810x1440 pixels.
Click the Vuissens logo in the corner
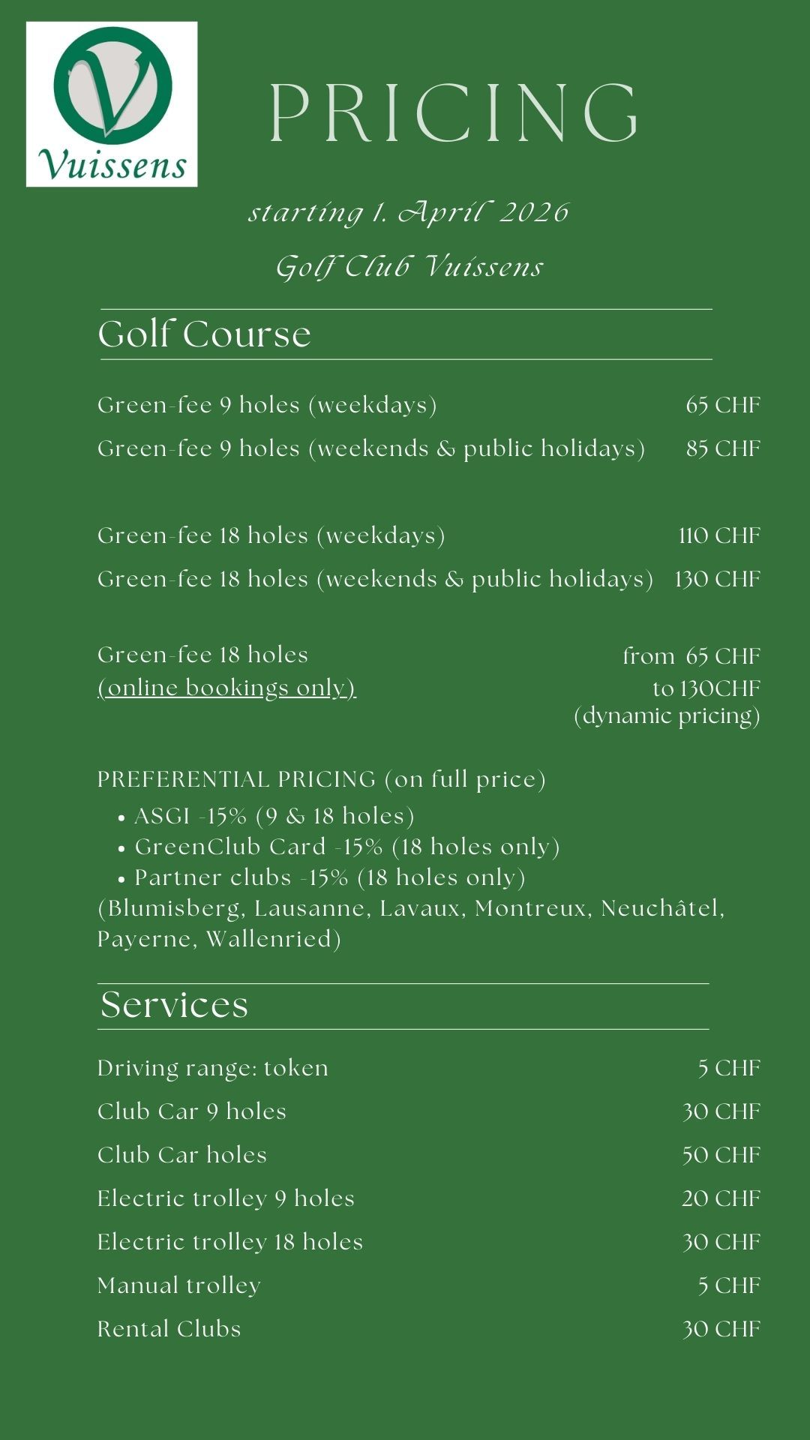(112, 103)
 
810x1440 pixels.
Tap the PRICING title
(453, 113)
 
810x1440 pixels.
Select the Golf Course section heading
(204, 334)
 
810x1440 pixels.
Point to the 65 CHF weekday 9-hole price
(723, 405)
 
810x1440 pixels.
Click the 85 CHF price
(723, 448)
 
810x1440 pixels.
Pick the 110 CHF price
(719, 535)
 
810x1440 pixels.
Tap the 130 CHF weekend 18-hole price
(718, 579)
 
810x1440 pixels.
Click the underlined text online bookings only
(226, 688)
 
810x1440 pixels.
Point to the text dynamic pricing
(667, 716)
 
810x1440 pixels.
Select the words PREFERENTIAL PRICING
(236, 780)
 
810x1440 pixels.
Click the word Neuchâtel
(662, 908)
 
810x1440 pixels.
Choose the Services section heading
(174, 1005)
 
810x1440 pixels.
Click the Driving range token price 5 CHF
(729, 1068)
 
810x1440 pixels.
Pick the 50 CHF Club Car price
(721, 1155)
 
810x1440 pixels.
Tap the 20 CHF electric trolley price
(721, 1198)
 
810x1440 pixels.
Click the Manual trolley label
(179, 1285)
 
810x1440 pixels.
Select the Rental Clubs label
(169, 1329)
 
